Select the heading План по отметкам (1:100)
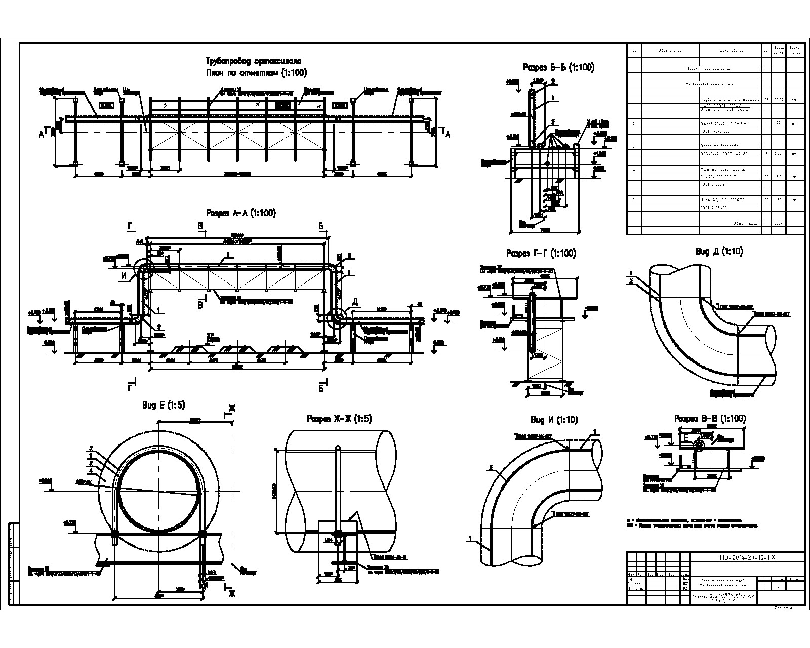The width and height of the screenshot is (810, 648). (256, 73)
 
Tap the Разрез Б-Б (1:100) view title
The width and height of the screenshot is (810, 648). (558, 67)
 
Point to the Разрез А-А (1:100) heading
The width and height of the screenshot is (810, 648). (240, 213)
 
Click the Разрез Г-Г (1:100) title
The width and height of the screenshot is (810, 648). (541, 253)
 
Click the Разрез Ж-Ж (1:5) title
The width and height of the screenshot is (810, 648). (339, 419)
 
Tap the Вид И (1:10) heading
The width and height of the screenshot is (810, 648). (554, 420)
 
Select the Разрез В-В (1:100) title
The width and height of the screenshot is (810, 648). (710, 419)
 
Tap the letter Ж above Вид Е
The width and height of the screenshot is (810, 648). (232, 409)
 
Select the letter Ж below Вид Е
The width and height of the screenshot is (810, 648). (232, 594)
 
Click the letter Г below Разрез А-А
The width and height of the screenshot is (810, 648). (131, 388)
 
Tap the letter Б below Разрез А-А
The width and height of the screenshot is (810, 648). (321, 388)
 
